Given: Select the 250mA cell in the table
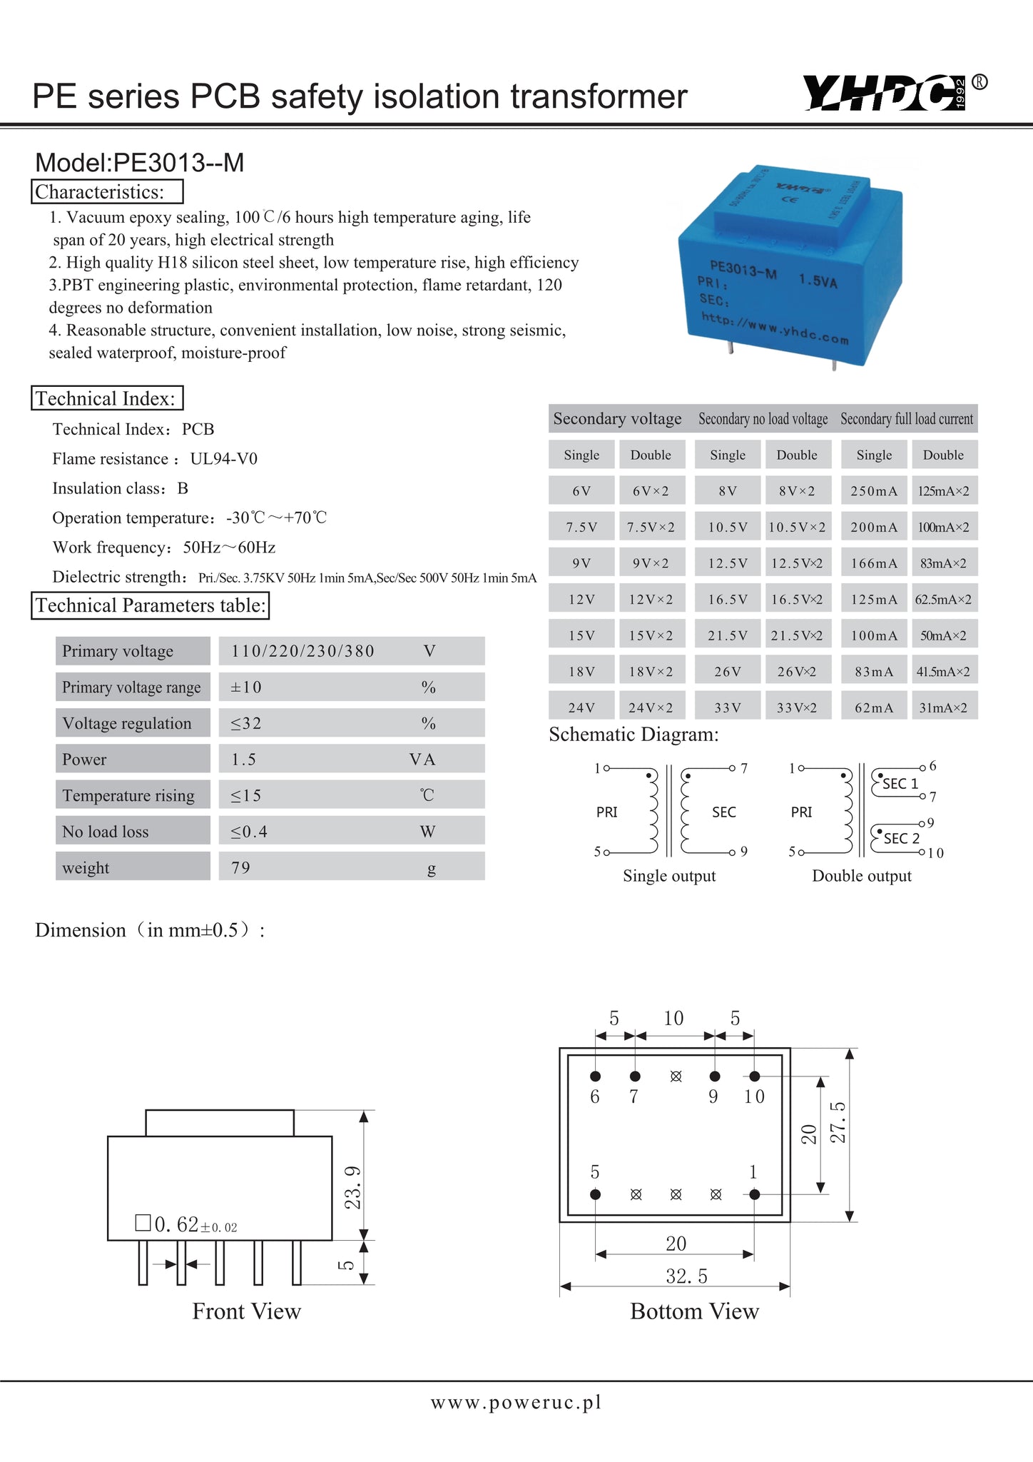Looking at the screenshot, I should [874, 491].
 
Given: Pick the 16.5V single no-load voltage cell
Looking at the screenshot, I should [728, 600].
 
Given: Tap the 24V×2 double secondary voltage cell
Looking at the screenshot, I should [651, 707].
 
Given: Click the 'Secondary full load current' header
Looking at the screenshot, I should [906, 419].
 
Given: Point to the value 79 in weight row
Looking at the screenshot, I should [241, 867].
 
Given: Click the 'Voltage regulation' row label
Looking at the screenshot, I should [127, 723].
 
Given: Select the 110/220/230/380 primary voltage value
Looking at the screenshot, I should [303, 651].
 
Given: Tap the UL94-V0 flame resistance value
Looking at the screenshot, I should [224, 458].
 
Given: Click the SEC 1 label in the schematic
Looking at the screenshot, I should [900, 783].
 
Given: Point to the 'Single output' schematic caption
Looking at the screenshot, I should [669, 876].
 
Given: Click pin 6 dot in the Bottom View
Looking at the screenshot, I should [596, 1076].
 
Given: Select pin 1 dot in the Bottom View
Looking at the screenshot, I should [755, 1194].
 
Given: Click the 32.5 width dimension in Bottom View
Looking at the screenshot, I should [686, 1276].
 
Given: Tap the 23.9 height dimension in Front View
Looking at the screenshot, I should [353, 1187].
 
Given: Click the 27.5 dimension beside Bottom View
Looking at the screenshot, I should [838, 1122].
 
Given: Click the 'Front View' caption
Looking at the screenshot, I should [247, 1311].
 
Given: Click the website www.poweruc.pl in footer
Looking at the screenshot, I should [516, 1402].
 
